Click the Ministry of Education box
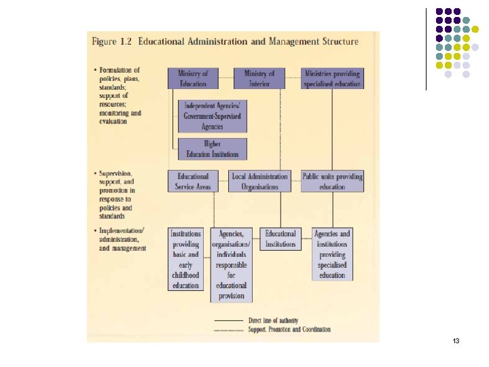point(193,78)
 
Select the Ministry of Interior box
point(259,78)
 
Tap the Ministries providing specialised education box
point(332,78)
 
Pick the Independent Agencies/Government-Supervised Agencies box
point(213,116)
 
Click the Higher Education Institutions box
point(213,149)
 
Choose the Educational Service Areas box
point(193,181)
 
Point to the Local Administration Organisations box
point(259,181)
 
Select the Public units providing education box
point(332,181)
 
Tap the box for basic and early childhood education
point(185,260)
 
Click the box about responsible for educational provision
point(232,265)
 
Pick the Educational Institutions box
point(280,239)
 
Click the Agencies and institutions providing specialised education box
point(332,254)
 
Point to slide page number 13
point(456,340)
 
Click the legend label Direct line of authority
point(273,321)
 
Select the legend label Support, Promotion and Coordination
point(289,329)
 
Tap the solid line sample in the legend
point(229,321)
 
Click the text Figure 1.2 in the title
point(111,41)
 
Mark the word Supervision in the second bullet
point(115,173)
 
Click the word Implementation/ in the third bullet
point(122,231)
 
